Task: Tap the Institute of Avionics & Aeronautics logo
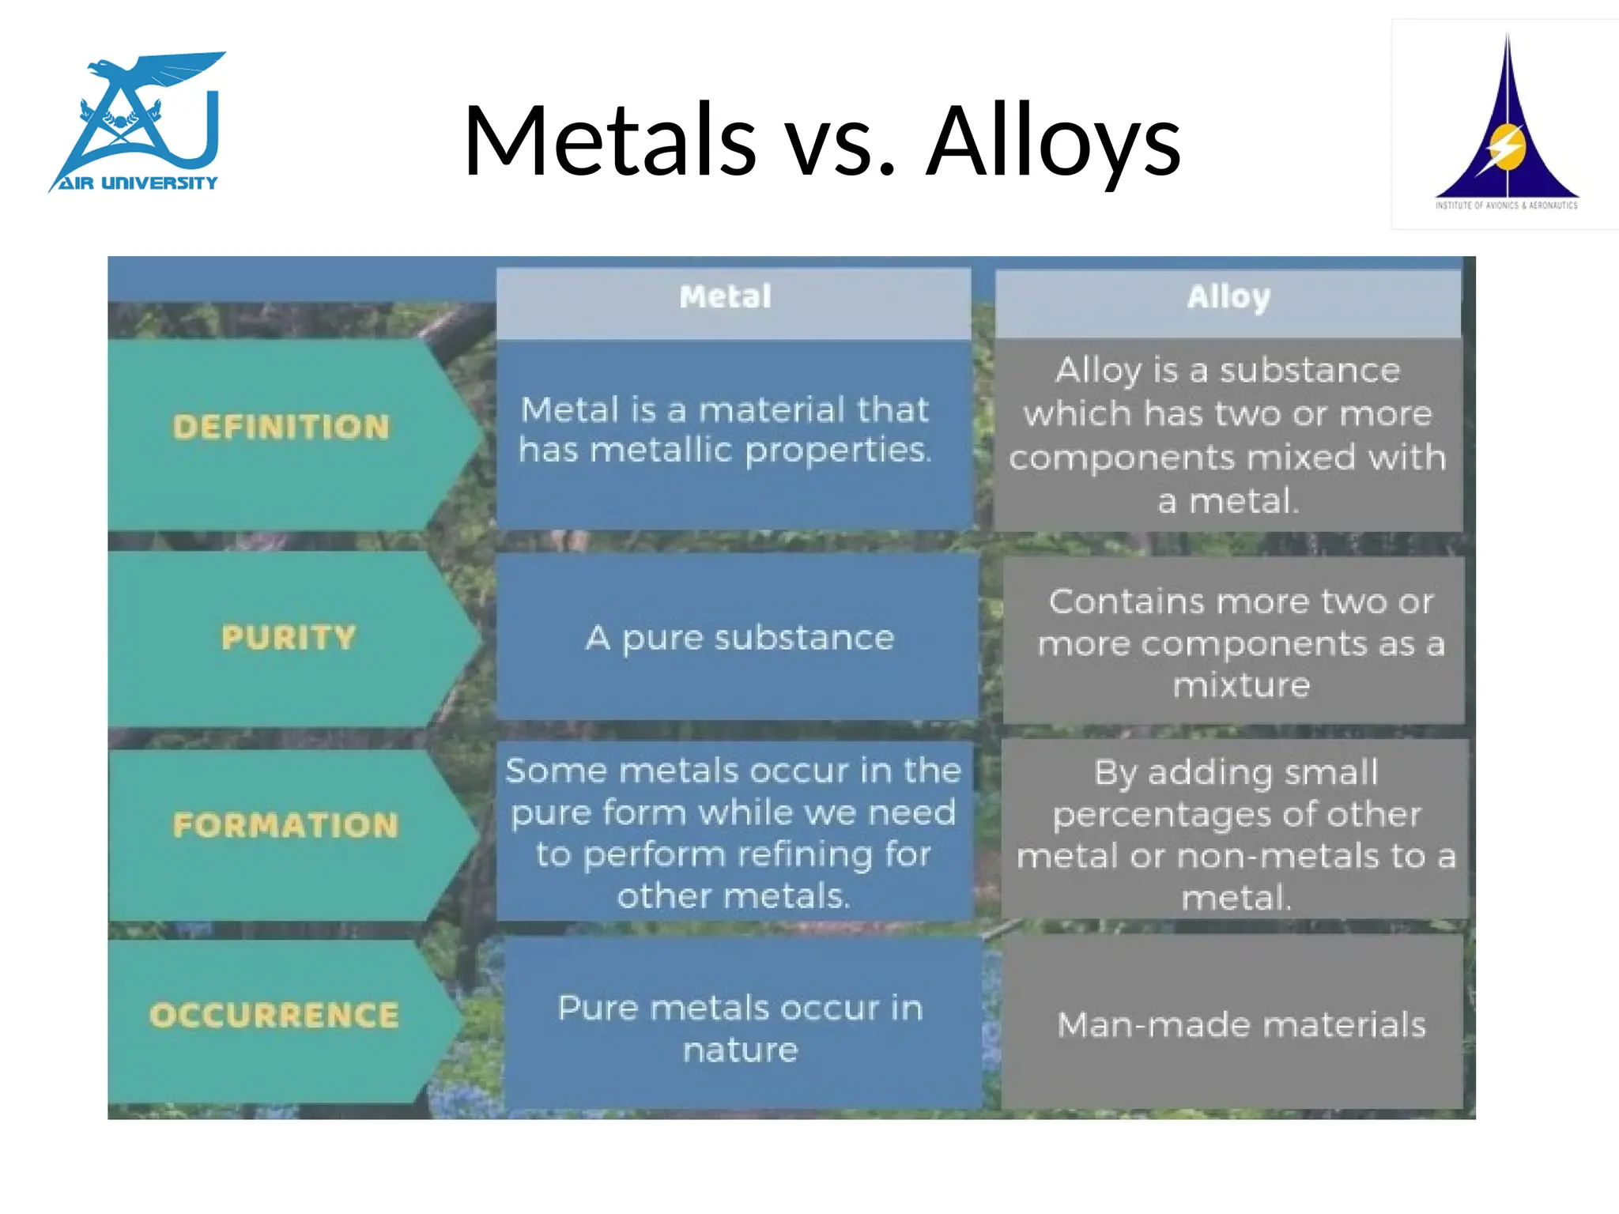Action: pyautogui.click(x=1506, y=124)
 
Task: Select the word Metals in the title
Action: pyautogui.click(x=609, y=142)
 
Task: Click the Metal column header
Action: pyautogui.click(x=725, y=297)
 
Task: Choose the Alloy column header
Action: pyautogui.click(x=1228, y=297)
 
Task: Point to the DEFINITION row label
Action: pyautogui.click(x=281, y=428)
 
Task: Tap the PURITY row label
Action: pyautogui.click(x=289, y=637)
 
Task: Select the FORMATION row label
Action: pyautogui.click(x=285, y=825)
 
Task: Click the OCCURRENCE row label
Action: pyautogui.click(x=274, y=1016)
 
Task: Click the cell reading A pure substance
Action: pyautogui.click(x=739, y=637)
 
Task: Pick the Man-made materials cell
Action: pyautogui.click(x=1241, y=1025)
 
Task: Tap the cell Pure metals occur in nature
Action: pyautogui.click(x=741, y=1027)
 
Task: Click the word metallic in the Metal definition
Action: pyautogui.click(x=661, y=451)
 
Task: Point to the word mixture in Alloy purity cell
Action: pyautogui.click(x=1241, y=685)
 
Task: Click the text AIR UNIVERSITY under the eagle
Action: pyautogui.click(x=138, y=183)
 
